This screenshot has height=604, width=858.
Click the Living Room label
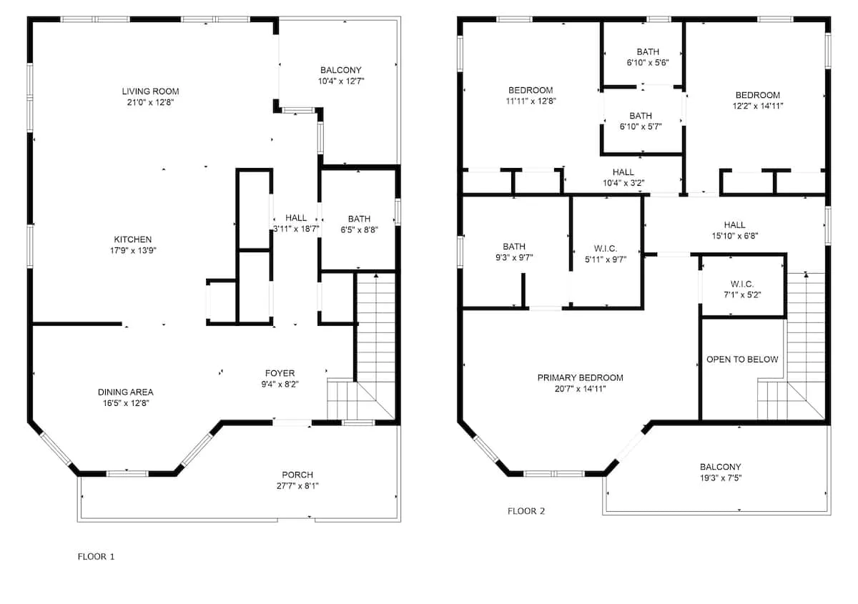(151, 91)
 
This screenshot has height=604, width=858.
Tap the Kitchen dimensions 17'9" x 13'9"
(133, 250)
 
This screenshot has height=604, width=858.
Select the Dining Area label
(126, 392)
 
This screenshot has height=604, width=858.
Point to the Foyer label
(280, 373)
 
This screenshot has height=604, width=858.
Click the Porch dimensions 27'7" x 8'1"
(297, 486)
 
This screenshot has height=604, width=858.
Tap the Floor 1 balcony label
(341, 71)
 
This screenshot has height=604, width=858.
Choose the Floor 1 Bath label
(359, 219)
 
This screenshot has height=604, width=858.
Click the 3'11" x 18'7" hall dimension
(296, 229)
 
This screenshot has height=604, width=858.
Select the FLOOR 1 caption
(96, 557)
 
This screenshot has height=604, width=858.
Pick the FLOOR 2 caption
(526, 511)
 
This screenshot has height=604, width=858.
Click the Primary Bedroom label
(581, 378)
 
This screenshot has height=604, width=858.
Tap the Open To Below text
(742, 360)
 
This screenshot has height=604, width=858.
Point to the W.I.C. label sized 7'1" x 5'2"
(742, 284)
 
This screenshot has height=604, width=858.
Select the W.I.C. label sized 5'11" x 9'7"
(606, 249)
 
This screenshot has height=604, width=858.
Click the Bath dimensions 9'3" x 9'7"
(514, 258)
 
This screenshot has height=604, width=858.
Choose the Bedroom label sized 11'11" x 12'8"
(531, 90)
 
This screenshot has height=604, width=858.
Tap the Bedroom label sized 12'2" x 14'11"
(758, 95)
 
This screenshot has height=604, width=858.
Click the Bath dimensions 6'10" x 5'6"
(648, 63)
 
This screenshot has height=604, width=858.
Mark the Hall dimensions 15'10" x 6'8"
(735, 236)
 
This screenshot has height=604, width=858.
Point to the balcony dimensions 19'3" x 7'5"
(721, 478)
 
